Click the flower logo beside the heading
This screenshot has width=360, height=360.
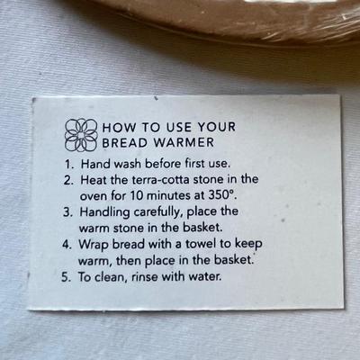click(81, 135)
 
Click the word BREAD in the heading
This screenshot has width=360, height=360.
click(124, 142)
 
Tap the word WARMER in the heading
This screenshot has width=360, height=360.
click(184, 142)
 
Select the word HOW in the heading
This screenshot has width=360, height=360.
click(119, 128)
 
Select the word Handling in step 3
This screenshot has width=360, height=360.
click(104, 212)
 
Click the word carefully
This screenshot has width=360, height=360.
click(158, 212)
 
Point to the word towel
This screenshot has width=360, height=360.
click(201, 244)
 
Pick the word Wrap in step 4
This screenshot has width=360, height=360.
click(94, 245)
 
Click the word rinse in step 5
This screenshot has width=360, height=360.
click(145, 276)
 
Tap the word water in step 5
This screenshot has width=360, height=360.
click(205, 276)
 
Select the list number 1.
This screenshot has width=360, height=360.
click(68, 165)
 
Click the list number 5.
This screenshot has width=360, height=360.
click(66, 277)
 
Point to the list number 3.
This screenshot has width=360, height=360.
click(67, 212)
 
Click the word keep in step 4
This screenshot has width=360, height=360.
click(248, 244)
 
